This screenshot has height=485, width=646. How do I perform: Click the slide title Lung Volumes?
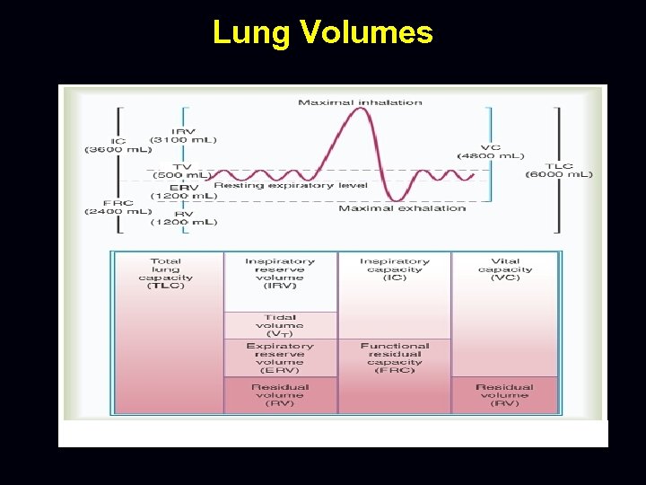click(322, 32)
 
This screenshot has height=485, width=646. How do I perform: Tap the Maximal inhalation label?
click(360, 102)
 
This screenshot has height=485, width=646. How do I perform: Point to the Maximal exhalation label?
click(402, 208)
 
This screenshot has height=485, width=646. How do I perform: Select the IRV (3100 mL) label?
click(182, 135)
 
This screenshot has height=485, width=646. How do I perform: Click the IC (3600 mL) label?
click(118, 145)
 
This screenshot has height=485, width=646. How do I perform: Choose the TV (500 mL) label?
click(182, 170)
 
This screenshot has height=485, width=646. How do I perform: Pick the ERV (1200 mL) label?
click(182, 190)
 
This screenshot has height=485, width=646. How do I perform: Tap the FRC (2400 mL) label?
click(118, 207)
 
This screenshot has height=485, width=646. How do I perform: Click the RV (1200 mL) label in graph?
click(182, 216)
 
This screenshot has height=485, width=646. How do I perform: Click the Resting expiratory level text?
click(265, 185)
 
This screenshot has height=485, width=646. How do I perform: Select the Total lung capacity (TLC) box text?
click(166, 273)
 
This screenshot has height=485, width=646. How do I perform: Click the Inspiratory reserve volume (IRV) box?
click(280, 281)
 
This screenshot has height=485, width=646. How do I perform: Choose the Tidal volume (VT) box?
click(280, 325)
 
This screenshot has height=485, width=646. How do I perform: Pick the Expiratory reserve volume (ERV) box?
click(280, 357)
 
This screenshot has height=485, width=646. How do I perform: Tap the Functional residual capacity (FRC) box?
click(395, 357)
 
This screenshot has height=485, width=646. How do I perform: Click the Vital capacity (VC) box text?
click(505, 269)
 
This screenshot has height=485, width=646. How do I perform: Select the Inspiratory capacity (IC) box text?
click(395, 269)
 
